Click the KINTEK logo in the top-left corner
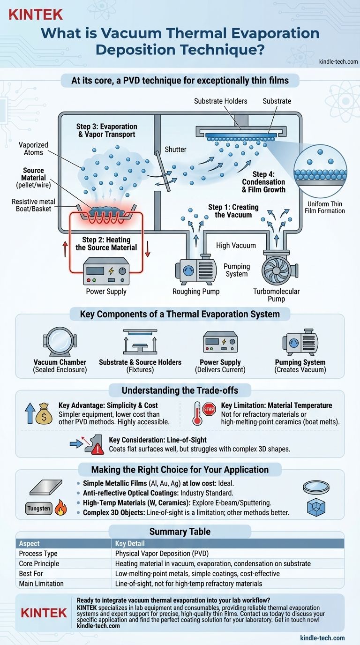pos(36,14)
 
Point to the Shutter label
pos(175,150)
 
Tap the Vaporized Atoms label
pos(33,149)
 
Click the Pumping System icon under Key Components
pos(300,341)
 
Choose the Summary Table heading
pos(180,532)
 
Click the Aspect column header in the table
pos(30,543)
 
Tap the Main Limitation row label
pos(42,584)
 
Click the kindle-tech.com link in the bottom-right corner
pos(322,637)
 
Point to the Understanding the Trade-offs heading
pos(180,390)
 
